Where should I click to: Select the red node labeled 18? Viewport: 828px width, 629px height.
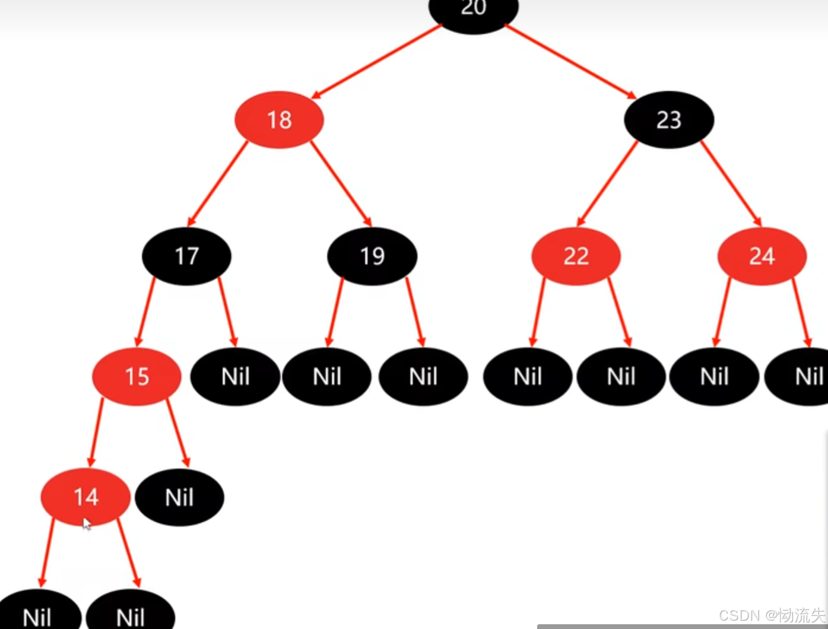click(279, 120)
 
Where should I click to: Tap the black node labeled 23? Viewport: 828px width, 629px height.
click(669, 120)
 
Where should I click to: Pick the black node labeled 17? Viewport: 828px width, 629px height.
click(186, 256)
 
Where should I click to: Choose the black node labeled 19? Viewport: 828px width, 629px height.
click(372, 256)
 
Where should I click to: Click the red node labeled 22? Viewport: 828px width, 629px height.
click(576, 256)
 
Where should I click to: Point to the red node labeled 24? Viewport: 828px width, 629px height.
click(762, 256)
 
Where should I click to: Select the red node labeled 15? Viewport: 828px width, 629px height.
click(137, 376)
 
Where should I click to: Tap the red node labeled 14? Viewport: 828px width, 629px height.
click(85, 496)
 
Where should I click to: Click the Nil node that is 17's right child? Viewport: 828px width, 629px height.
click(235, 376)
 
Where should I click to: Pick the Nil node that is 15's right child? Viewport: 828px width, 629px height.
click(179, 497)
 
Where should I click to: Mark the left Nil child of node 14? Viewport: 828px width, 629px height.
click(37, 614)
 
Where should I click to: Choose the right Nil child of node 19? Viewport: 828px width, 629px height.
click(423, 376)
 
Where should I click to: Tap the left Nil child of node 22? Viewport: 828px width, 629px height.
click(528, 376)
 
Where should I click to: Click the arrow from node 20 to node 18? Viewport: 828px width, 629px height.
click(376, 61)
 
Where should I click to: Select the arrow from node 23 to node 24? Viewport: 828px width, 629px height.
click(731, 183)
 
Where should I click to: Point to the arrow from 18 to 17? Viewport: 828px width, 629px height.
click(218, 183)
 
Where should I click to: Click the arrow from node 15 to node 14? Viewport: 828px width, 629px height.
click(96, 431)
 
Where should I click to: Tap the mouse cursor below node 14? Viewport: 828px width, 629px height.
click(87, 524)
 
